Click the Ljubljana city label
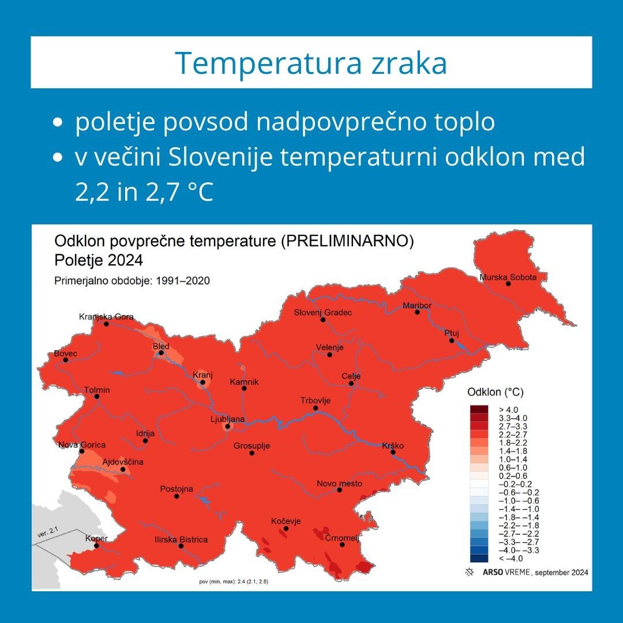coord(227,419)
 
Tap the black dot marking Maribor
coord(417,312)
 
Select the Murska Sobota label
coord(508,277)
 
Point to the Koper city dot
coord(96,546)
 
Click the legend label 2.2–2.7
coord(513,435)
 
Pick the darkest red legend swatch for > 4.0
coord(479,410)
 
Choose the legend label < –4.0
coord(511,558)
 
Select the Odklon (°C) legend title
coord(496,392)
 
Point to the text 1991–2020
coord(183,281)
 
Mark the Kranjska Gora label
coord(106,317)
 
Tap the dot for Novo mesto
coord(339,490)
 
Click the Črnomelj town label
coord(342,538)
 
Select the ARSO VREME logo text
coord(506,573)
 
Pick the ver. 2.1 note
coord(48,532)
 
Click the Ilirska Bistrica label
coord(181,539)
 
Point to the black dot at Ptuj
coord(451,340)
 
